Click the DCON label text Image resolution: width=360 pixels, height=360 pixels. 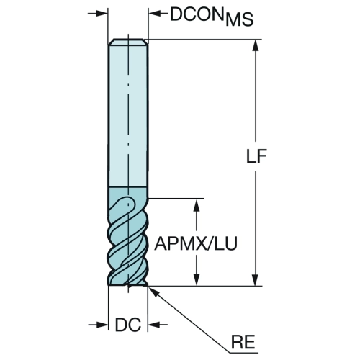(x=197, y=14)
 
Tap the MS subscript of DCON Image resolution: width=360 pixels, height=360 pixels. (x=239, y=19)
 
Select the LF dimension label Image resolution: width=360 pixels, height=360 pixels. (x=256, y=156)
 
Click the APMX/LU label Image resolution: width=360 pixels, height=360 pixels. (x=196, y=243)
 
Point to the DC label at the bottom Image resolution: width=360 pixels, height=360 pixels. (x=128, y=325)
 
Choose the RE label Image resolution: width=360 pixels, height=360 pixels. (x=243, y=342)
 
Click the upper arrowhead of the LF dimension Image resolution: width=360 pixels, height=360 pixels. (x=256, y=45)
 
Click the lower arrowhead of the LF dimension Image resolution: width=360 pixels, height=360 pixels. (x=256, y=280)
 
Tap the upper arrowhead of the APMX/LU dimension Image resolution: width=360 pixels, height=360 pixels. (x=197, y=205)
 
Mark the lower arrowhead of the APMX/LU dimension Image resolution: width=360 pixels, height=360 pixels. (x=197, y=280)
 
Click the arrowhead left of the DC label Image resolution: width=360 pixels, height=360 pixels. (x=102, y=325)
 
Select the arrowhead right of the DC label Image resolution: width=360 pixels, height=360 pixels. (x=154, y=325)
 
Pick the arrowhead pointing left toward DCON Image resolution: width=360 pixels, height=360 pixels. (x=155, y=14)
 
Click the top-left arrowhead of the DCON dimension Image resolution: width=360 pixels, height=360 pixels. (x=102, y=14)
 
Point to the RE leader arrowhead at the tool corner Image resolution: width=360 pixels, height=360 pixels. (x=153, y=291)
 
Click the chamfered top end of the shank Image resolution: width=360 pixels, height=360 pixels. (x=128, y=42)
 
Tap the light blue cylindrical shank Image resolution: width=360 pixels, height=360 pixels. (x=128, y=115)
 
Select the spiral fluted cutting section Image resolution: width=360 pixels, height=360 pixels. (x=127, y=240)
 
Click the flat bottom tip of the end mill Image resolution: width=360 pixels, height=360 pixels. (x=127, y=285)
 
